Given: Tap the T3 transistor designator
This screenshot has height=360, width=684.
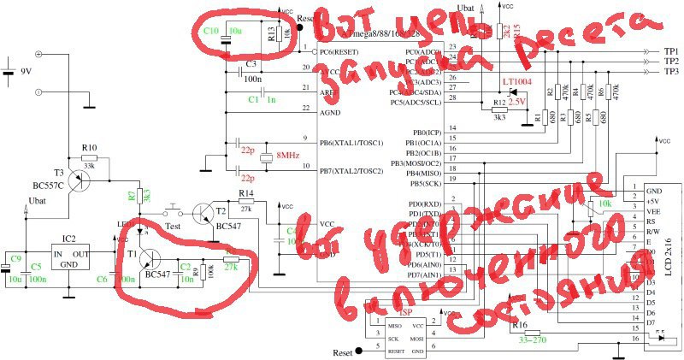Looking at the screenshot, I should tap(57, 172).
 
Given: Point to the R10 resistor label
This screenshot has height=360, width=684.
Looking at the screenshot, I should tap(88, 148).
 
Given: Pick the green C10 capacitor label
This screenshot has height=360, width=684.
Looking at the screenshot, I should tap(210, 31).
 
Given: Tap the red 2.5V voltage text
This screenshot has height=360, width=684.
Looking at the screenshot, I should tap(517, 102).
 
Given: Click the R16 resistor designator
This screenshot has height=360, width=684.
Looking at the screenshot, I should tap(518, 325).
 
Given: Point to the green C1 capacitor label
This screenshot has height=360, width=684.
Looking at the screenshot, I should tap(253, 100).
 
